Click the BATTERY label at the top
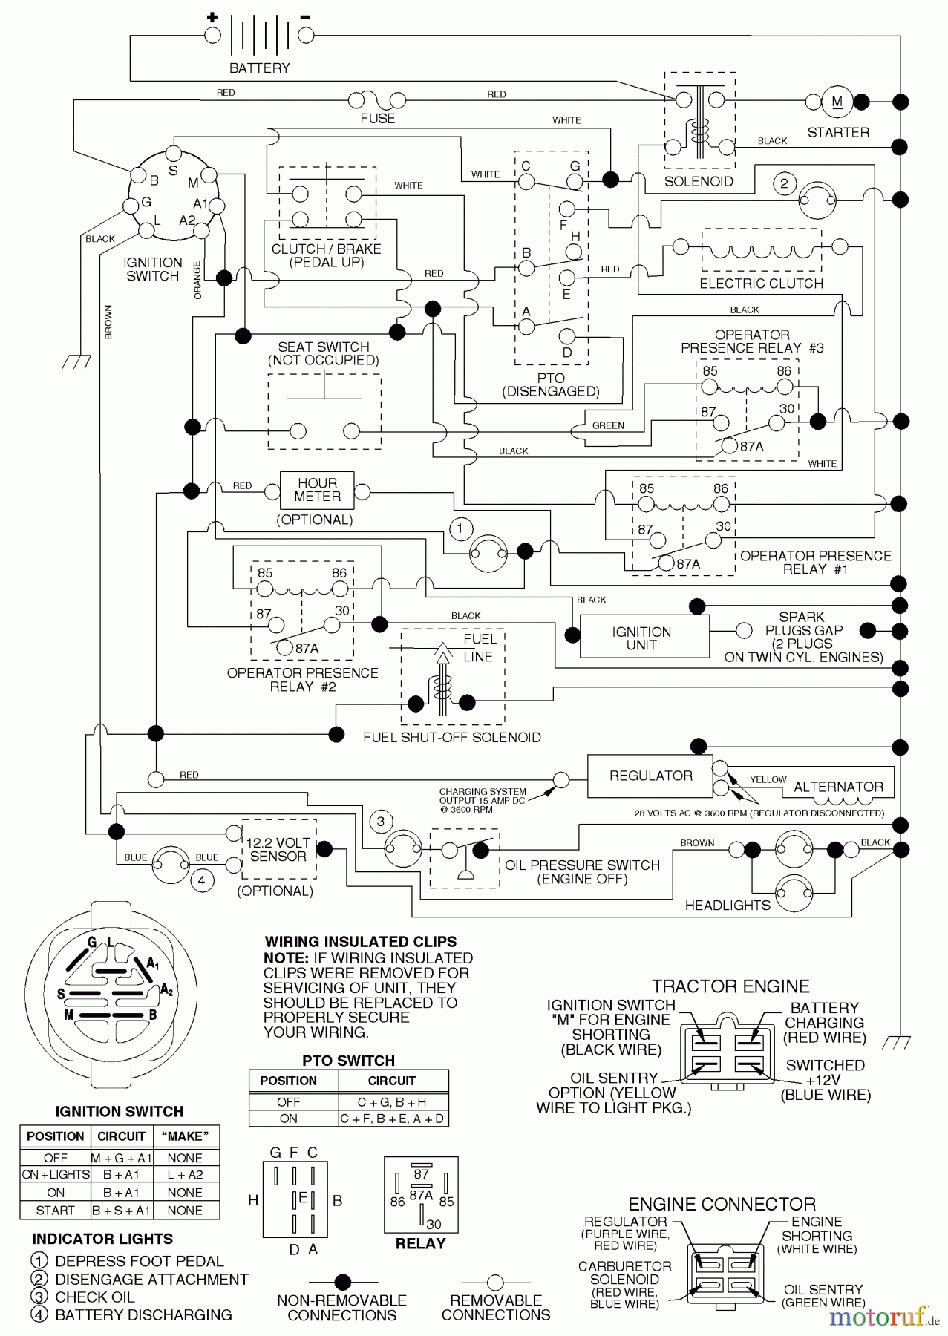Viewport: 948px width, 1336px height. pos(259,68)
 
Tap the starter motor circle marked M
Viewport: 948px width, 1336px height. pos(837,102)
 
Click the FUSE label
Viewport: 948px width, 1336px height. pos(377,119)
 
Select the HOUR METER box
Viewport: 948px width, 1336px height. pos(317,490)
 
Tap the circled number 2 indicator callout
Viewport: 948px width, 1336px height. pos(784,183)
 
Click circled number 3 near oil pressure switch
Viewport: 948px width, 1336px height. pos(381,821)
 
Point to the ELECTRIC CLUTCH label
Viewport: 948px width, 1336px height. pos(761,284)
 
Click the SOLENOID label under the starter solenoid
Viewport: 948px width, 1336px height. pos(698,182)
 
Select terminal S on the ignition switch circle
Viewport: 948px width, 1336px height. pos(173,154)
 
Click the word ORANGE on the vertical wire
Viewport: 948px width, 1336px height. pos(197,280)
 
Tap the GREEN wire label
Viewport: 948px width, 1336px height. pos(608,425)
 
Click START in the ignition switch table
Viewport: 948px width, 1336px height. pos(55,1211)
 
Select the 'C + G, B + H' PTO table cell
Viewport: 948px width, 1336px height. pos(392,1102)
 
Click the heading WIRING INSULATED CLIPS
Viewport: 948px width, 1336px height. pos(361,941)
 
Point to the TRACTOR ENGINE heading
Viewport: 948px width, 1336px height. pos(730,986)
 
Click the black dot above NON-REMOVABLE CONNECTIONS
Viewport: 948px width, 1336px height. pos(342,1282)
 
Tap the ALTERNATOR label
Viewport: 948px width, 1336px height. pos(838,787)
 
